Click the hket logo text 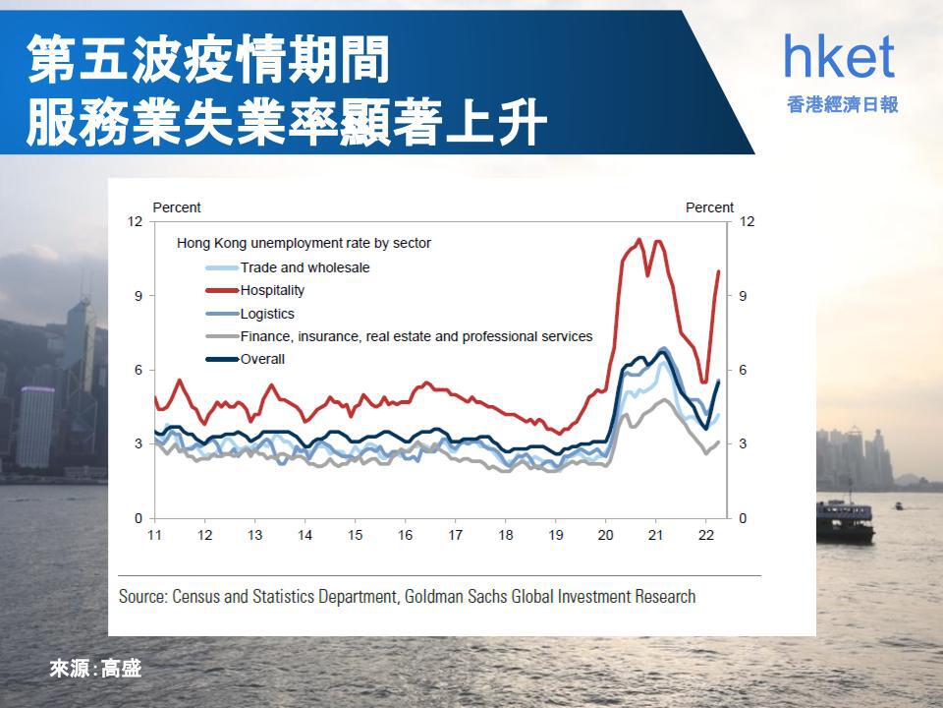840,56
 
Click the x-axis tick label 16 406,535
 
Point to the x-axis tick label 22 706,535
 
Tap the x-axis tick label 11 154,535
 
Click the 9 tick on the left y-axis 139,296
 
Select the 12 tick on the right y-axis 747,221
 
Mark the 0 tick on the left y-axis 139,518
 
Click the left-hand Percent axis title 177,207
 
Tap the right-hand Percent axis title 709,207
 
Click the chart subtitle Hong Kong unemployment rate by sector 304,243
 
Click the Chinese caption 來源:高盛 95,669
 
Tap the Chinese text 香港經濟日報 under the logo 842,105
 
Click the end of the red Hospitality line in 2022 719,271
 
